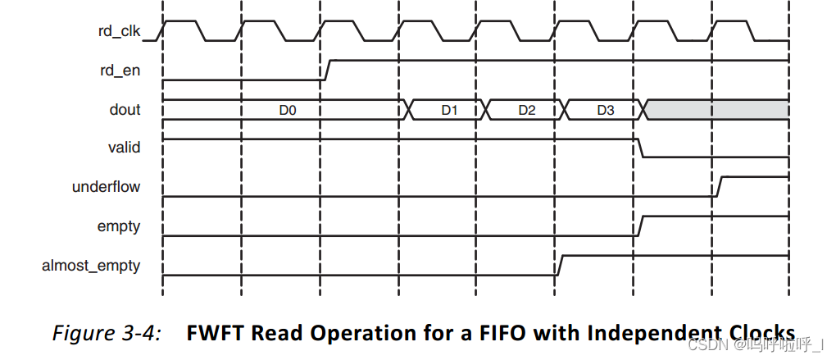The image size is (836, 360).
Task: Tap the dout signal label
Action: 125,110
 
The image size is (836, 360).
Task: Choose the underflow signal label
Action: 106,187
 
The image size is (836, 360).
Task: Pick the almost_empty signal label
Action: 91,266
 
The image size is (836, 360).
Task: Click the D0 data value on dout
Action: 287,110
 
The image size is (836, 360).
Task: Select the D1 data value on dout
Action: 448,110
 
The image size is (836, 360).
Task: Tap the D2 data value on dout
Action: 526,110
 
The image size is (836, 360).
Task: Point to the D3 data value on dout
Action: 605,110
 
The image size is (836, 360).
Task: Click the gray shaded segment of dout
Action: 717,110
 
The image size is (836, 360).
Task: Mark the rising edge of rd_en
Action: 326,70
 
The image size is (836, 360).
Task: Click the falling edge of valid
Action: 639,148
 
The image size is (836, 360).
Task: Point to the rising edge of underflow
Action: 718,186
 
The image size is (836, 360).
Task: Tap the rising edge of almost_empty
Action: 560,266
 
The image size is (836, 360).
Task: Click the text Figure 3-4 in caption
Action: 107,333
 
